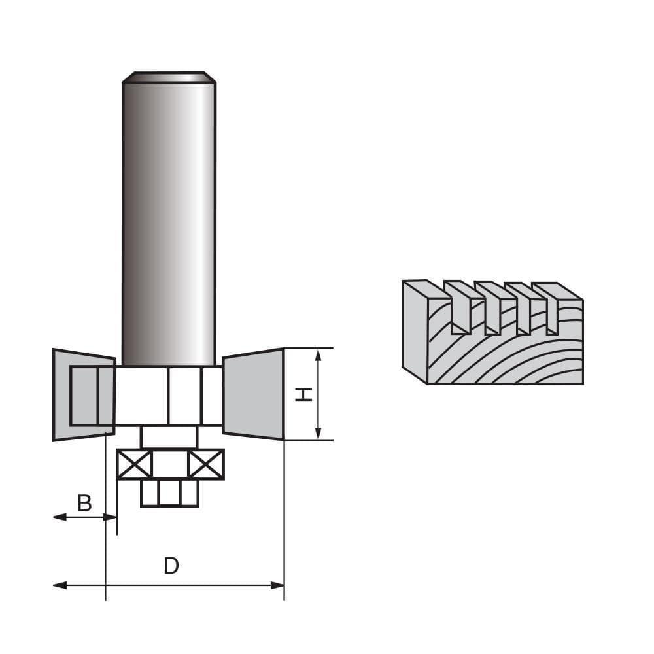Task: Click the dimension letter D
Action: pyautogui.click(x=171, y=566)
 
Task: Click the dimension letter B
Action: pyautogui.click(x=84, y=504)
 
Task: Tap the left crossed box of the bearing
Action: pyautogui.click(x=134, y=464)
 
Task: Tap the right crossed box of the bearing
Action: pyautogui.click(x=206, y=464)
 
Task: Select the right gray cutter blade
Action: pyautogui.click(x=254, y=394)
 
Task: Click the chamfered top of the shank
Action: pyautogui.click(x=169, y=77)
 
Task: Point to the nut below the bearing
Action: pyautogui.click(x=169, y=492)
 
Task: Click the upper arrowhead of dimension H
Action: pyautogui.click(x=318, y=355)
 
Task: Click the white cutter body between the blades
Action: pyautogui.click(x=169, y=396)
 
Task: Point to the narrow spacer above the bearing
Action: pyautogui.click(x=169, y=437)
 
